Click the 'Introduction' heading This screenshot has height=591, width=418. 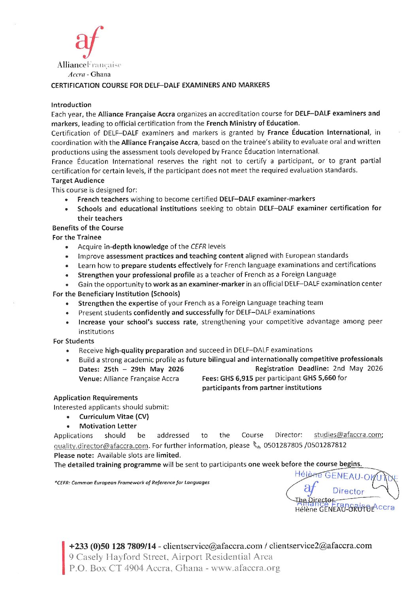click(71, 105)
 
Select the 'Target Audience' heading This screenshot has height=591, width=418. click(78, 181)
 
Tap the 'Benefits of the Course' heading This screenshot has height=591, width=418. click(88, 228)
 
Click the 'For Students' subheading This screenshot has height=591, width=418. click(73, 341)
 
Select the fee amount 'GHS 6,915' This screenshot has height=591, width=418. click(236, 378)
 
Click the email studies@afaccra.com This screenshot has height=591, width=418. click(348, 435)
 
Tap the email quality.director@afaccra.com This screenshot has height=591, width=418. click(101, 446)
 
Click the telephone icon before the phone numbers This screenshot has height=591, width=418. click(257, 445)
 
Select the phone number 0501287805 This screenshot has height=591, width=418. click(280, 445)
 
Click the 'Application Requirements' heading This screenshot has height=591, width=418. click(96, 398)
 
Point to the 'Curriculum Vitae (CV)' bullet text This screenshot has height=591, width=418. click(114, 416)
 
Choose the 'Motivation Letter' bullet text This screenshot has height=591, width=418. click(108, 426)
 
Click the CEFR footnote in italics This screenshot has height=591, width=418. click(132, 482)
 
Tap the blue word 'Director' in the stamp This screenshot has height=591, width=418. click(348, 491)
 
